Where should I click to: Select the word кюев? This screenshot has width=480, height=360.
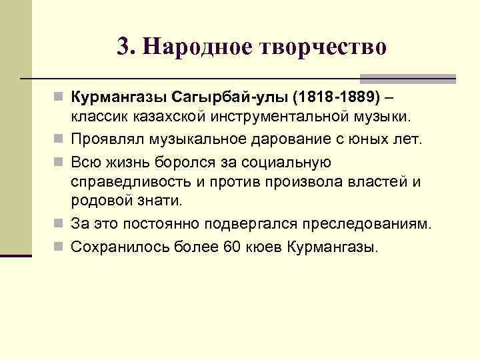(264, 247)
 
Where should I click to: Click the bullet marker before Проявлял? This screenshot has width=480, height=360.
(59, 139)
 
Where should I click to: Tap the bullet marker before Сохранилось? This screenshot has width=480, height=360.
(59, 247)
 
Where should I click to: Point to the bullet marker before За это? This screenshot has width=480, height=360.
(59, 223)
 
